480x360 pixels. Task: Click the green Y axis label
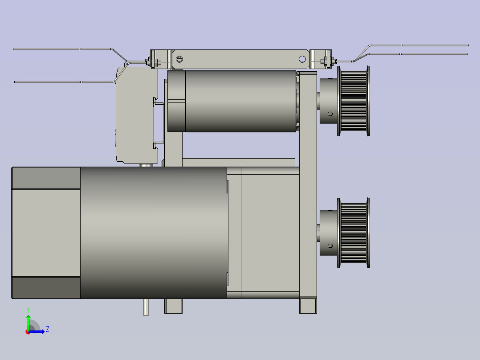[28, 310]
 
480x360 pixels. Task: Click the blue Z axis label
[48, 329]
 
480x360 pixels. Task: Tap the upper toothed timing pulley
[354, 101]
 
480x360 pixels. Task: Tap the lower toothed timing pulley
[354, 233]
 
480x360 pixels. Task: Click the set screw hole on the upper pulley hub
[330, 114]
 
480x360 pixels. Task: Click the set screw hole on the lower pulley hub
[330, 246]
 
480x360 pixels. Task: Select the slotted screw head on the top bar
[179, 59]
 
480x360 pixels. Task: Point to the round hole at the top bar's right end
[302, 59]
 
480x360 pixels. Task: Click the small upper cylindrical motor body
[240, 101]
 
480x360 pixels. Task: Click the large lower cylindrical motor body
[154, 233]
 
